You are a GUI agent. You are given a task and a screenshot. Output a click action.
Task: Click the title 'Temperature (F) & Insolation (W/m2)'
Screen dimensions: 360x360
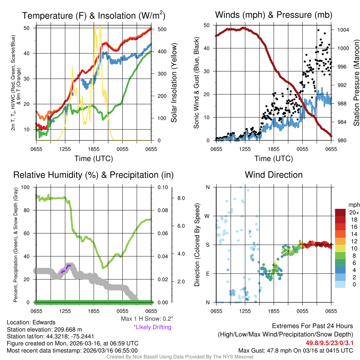tap(94, 15)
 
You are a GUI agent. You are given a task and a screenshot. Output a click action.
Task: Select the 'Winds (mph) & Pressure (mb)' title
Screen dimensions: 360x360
tap(274, 15)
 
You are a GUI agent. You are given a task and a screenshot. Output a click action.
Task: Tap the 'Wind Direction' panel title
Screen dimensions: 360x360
tap(274, 175)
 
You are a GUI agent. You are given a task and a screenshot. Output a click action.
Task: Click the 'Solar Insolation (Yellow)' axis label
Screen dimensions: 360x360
tap(174, 83)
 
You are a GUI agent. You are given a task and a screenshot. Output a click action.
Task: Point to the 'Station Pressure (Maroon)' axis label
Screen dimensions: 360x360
tap(356, 83)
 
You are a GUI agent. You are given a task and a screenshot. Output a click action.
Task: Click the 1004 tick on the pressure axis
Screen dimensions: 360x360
tap(342, 30)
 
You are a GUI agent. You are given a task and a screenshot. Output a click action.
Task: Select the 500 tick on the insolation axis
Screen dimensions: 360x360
tap(162, 29)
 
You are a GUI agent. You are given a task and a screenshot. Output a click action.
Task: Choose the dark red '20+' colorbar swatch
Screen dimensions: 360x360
tap(341, 212)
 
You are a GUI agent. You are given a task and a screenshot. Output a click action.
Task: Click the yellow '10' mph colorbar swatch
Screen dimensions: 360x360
tap(341, 251)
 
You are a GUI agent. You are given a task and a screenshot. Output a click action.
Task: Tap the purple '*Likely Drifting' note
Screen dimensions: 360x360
tap(152, 327)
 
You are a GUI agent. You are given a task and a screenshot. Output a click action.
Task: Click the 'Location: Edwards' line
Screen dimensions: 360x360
tap(31, 322)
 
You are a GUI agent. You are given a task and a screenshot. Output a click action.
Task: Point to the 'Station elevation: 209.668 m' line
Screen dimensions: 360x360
tap(44, 329)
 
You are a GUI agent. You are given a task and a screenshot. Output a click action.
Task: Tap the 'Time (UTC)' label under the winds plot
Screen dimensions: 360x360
tap(274, 159)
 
